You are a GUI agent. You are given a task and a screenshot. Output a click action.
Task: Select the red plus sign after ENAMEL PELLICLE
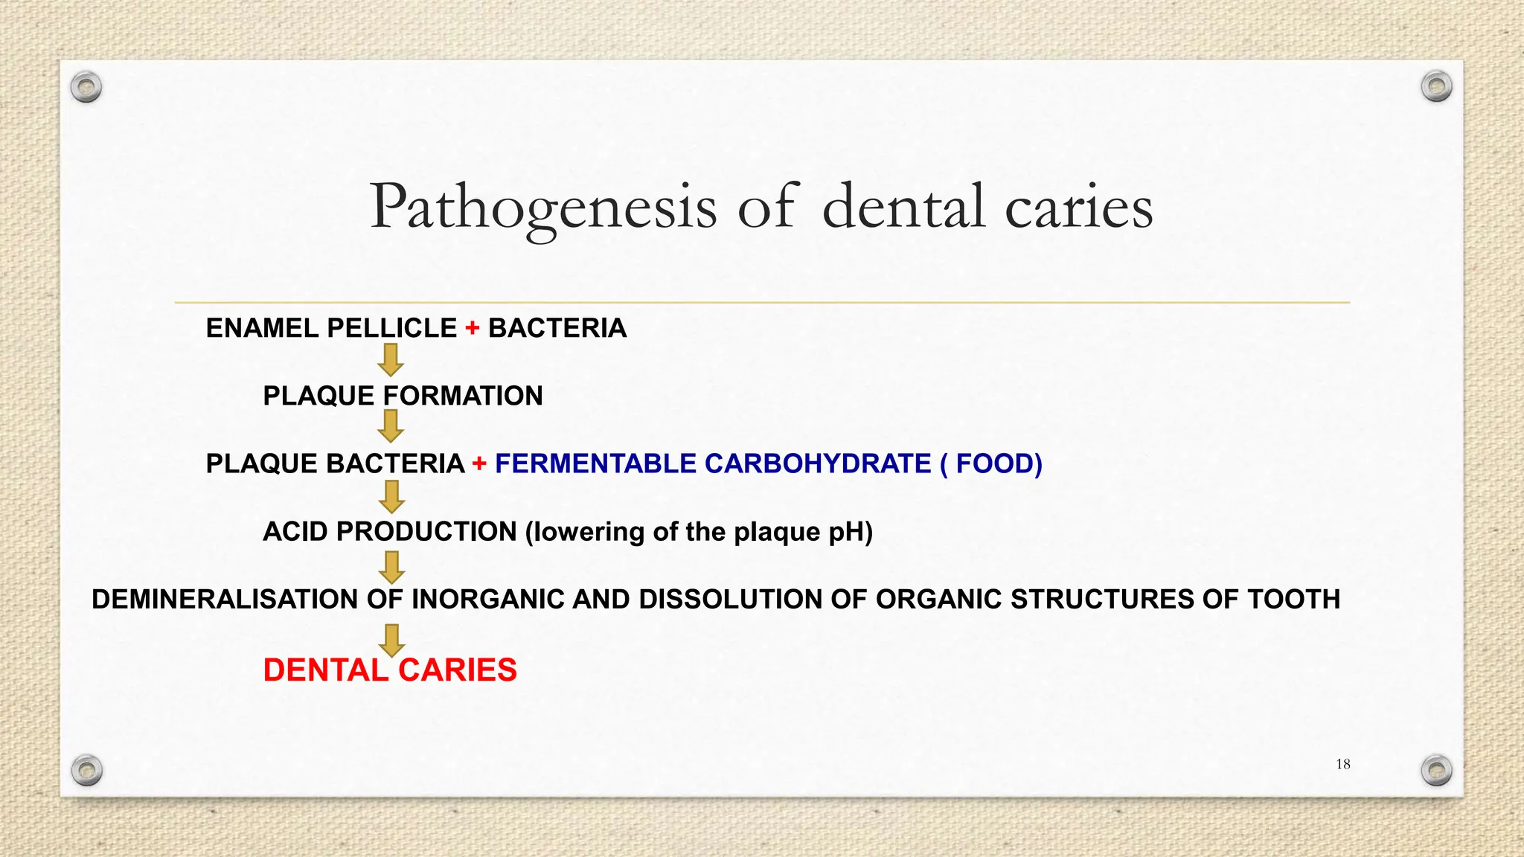[x=473, y=328]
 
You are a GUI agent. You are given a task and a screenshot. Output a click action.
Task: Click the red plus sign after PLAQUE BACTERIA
[x=479, y=463]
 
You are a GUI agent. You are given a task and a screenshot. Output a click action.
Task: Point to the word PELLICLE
[x=392, y=328]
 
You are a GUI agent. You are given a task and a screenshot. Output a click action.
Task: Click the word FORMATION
[x=463, y=396]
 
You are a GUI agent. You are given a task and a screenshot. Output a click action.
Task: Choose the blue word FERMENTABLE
[x=595, y=463]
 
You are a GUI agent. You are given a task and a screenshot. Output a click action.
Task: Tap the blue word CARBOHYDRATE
[x=818, y=463]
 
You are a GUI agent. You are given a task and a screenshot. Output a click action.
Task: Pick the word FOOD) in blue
[x=999, y=463]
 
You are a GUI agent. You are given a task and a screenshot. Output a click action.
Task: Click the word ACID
[x=295, y=532]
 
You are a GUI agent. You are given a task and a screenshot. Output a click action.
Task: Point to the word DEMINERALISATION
[x=225, y=600]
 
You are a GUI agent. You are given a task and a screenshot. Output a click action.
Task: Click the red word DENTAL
[x=325, y=670]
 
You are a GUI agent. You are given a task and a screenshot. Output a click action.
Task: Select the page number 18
[x=1343, y=764]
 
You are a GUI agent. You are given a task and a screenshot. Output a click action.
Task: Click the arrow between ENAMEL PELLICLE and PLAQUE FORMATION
[x=391, y=360]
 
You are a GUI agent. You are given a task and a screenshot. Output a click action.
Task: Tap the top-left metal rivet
[x=86, y=88]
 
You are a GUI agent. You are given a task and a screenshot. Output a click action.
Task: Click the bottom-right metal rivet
[x=1436, y=770]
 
